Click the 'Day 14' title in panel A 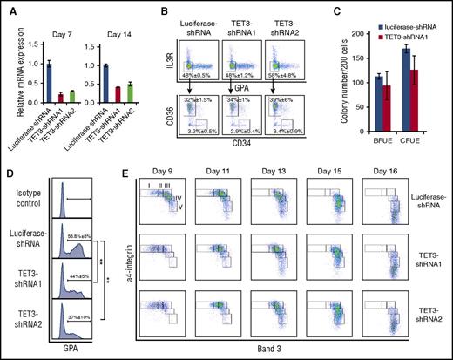tap(115, 24)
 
